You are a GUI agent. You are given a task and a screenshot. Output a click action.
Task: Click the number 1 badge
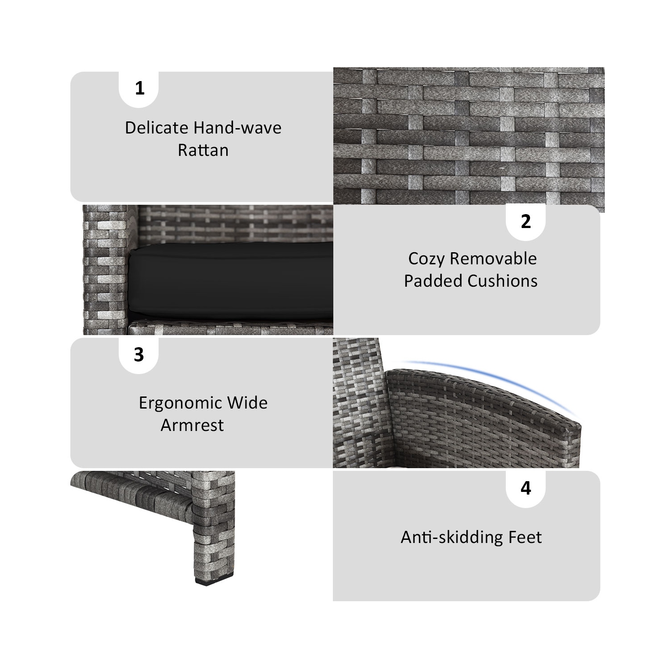[139, 89]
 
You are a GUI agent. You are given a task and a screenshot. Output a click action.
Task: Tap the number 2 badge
[526, 222]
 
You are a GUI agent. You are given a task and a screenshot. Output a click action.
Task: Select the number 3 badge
[139, 355]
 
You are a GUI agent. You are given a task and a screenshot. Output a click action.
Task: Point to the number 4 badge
[526, 488]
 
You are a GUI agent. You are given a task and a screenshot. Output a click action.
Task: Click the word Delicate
[156, 128]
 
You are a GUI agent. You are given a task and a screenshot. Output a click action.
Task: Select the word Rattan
[203, 150]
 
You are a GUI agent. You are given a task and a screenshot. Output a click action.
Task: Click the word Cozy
[426, 259]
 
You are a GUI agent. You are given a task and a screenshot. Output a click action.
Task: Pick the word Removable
[493, 258]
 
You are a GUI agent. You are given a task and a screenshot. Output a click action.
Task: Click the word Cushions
[503, 281]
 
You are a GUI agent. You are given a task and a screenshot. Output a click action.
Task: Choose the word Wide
[248, 403]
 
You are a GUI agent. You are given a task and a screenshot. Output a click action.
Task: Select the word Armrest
[192, 425]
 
